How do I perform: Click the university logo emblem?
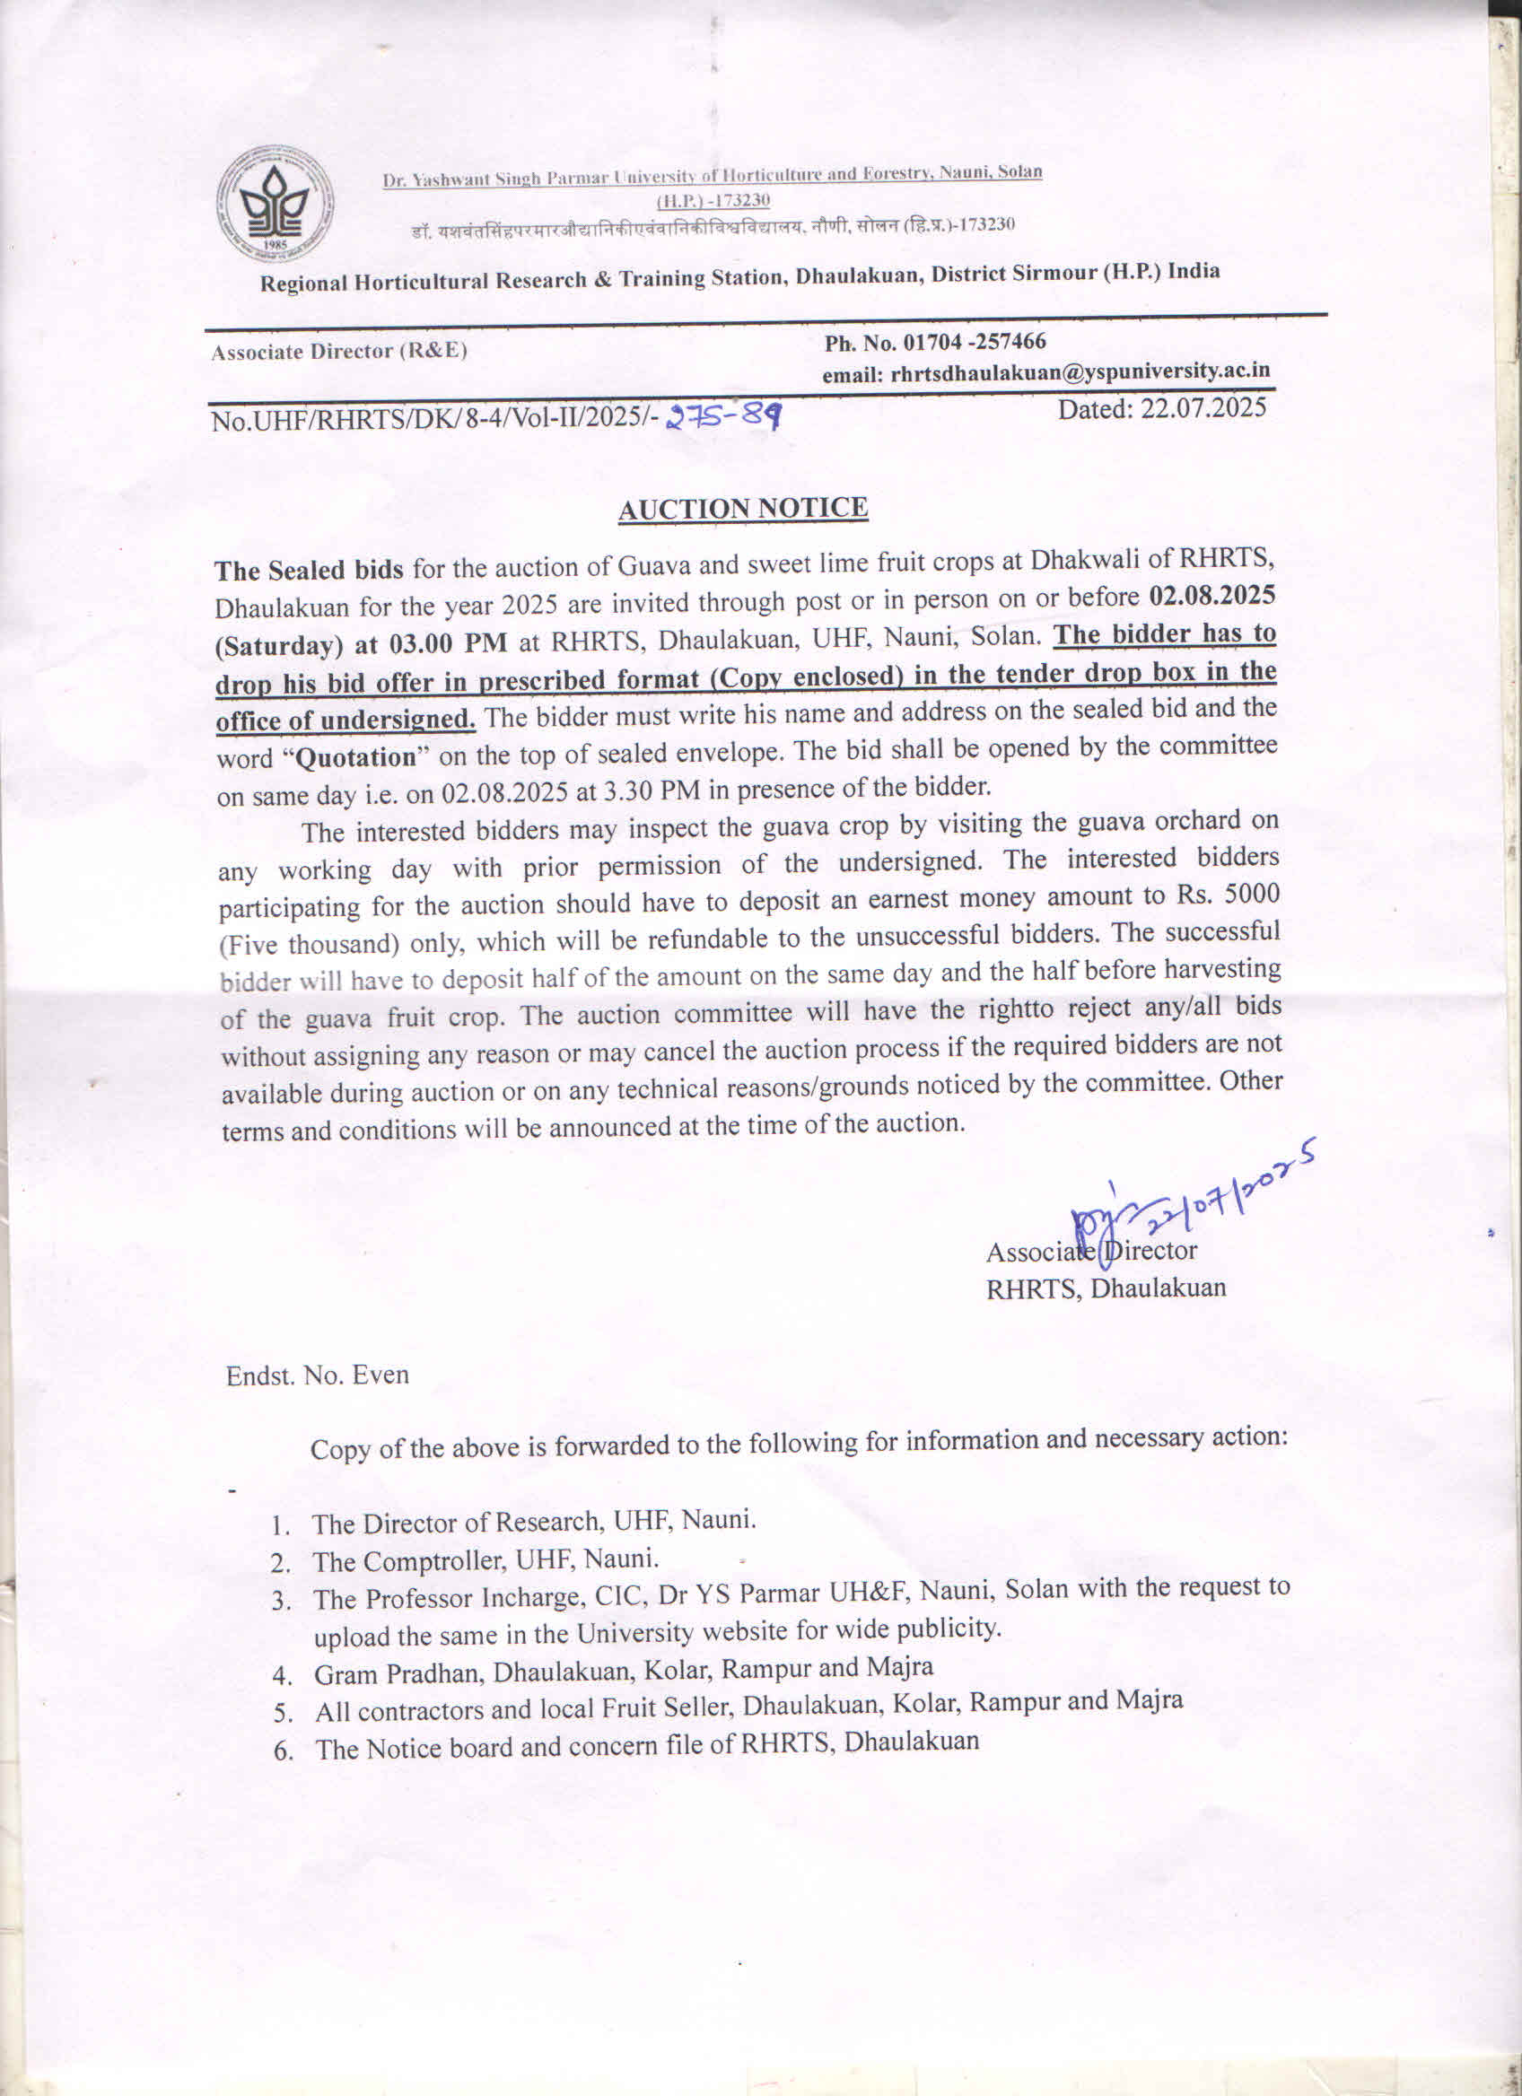pyautogui.click(x=275, y=205)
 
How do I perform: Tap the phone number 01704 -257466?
pyautogui.click(x=974, y=342)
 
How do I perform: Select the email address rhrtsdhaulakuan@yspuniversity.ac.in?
pyautogui.click(x=1080, y=371)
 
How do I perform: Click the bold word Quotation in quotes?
pyautogui.click(x=356, y=759)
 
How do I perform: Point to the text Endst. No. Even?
pyautogui.click(x=317, y=1375)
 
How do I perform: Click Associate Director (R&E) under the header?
pyautogui.click(x=339, y=351)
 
